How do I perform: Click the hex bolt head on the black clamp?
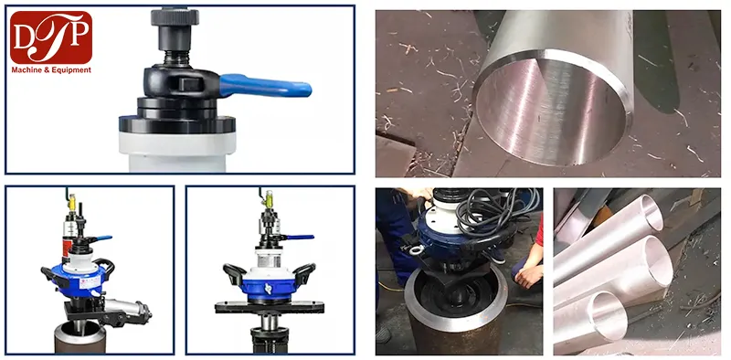188,84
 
